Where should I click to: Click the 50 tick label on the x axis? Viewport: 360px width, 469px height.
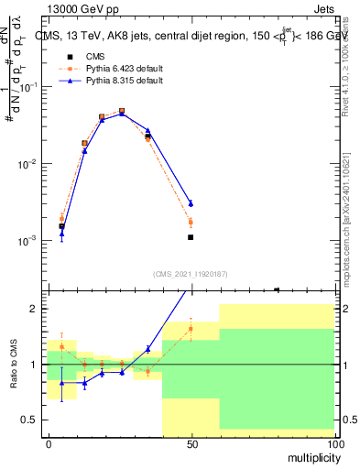pyautogui.click(x=191, y=443)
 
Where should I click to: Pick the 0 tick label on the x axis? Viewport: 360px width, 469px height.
pyautogui.click(x=49, y=443)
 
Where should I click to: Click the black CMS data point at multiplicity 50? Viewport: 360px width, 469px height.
pyautogui.click(x=191, y=237)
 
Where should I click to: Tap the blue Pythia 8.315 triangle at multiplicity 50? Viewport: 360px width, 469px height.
pyautogui.click(x=191, y=203)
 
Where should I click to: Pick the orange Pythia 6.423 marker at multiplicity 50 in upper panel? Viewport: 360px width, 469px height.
pyautogui.click(x=191, y=222)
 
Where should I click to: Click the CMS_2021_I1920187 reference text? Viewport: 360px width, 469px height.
pyautogui.click(x=190, y=273)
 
